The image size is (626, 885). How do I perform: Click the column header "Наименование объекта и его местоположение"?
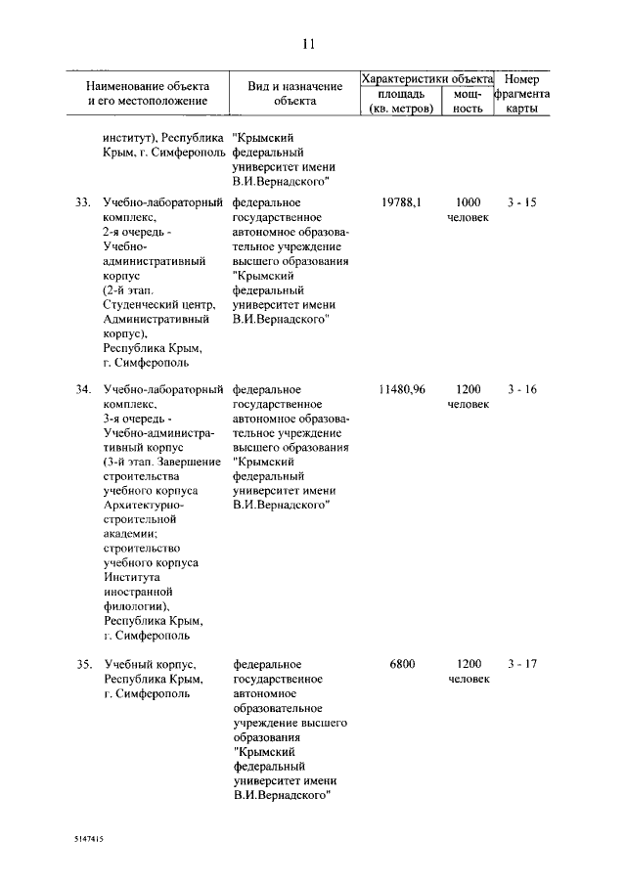[x=148, y=94]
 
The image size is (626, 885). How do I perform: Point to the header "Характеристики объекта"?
[x=427, y=78]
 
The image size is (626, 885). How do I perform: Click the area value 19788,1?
[x=401, y=203]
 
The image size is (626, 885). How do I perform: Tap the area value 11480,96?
[x=401, y=390]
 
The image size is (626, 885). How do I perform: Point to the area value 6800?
[x=402, y=665]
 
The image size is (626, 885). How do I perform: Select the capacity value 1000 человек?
[x=469, y=210]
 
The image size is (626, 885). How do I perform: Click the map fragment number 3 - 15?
[x=522, y=203]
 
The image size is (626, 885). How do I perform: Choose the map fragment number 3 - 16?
[x=522, y=390]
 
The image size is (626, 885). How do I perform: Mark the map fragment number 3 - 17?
[x=522, y=665]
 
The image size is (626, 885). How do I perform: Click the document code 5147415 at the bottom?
[x=89, y=839]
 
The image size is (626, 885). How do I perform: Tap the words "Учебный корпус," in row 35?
[x=150, y=665]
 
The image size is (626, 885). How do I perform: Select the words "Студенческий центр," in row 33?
[x=158, y=305]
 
